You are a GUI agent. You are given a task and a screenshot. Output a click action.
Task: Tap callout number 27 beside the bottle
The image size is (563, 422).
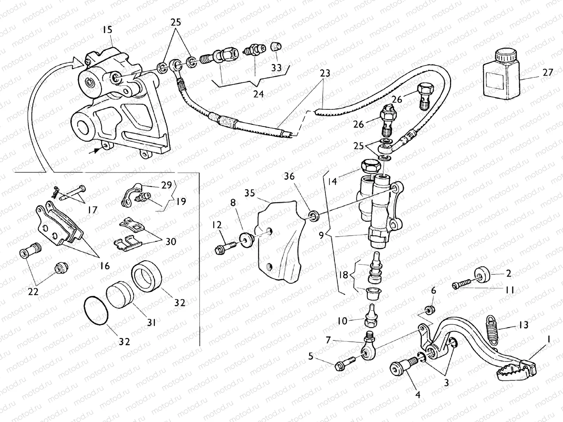pyautogui.click(x=548, y=72)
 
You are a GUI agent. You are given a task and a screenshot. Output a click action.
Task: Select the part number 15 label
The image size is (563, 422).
pyautogui.click(x=107, y=30)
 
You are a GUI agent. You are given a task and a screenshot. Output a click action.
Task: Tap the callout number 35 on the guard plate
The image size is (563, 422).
pyautogui.click(x=249, y=193)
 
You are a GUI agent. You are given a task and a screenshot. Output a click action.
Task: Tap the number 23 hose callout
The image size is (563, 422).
pyautogui.click(x=325, y=73)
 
